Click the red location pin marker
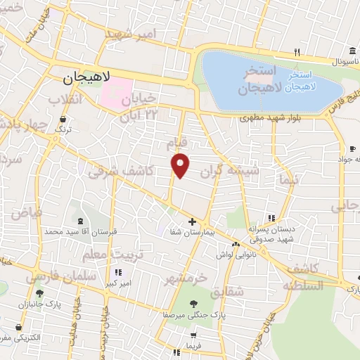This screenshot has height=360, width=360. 181,165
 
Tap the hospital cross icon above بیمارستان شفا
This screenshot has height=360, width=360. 192,221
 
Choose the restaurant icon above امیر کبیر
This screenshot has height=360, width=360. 117,272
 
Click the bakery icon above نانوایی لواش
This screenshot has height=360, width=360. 236,245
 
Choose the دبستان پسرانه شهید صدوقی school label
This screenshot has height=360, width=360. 270,234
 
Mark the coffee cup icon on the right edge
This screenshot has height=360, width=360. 352,148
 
